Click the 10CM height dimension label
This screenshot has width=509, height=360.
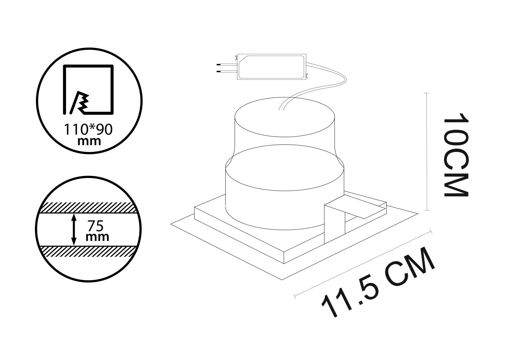(456, 155)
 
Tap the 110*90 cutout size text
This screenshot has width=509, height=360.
(88, 130)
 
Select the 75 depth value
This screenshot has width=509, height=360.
(96, 226)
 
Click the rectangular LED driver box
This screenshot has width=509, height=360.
(272, 67)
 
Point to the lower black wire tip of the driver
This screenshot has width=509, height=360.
(219, 72)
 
